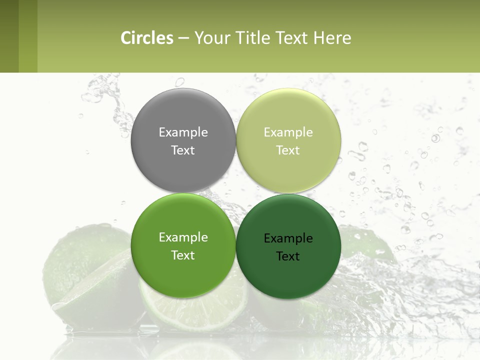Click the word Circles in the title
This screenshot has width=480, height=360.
point(146,38)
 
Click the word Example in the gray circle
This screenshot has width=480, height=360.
point(183,132)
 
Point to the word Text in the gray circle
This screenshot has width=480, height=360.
point(183,150)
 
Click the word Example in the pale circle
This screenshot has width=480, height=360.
point(288,132)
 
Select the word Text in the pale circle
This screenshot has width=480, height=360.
point(288,150)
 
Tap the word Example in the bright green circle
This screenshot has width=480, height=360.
point(183,237)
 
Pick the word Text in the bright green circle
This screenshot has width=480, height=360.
point(183,255)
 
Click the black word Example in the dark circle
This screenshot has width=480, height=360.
point(288,238)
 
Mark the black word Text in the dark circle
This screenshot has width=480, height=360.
point(288,256)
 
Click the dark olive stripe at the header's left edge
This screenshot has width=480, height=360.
point(9,36)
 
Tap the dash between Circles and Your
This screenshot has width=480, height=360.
point(183,38)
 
